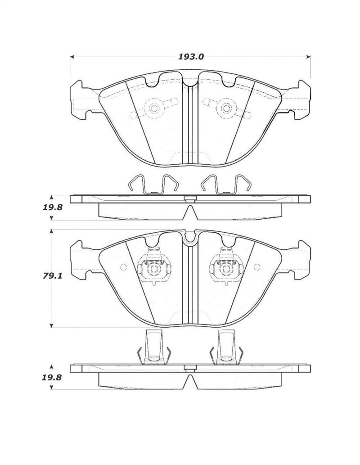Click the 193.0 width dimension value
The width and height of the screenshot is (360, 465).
point(191,57)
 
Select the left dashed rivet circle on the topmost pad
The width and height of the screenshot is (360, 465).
point(153,108)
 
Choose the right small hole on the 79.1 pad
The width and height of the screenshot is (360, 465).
point(257,267)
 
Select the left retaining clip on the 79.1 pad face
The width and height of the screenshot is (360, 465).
point(153,269)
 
